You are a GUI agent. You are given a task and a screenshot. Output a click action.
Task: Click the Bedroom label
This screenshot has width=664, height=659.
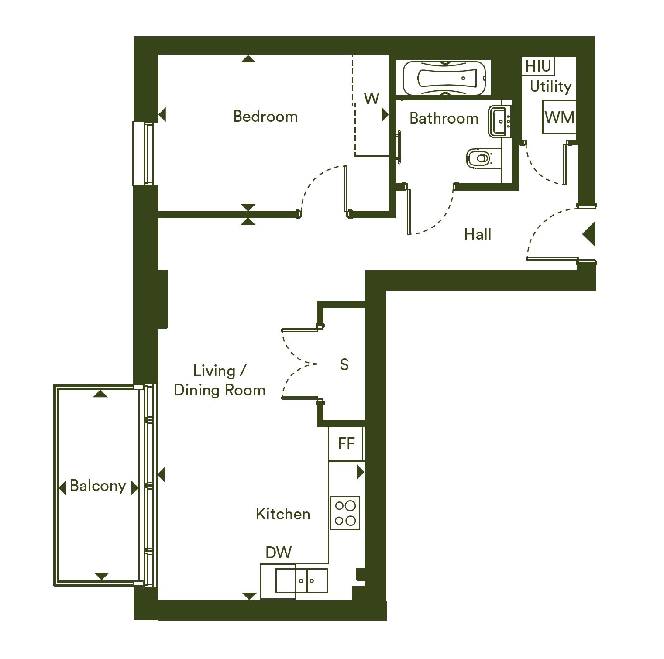tap(265, 117)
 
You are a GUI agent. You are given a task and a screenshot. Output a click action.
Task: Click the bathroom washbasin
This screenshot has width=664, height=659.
tap(500, 121)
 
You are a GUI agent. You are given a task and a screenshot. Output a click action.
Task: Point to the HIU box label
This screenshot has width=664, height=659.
tap(538, 66)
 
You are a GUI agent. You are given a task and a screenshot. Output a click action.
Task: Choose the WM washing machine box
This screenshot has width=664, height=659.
tap(559, 117)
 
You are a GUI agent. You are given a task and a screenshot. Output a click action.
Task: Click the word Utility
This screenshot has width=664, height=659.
tap(550, 86)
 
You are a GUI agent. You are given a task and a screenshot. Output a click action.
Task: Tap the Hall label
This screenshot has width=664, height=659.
tap(478, 234)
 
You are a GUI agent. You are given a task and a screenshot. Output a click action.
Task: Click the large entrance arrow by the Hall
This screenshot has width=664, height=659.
tap(589, 234)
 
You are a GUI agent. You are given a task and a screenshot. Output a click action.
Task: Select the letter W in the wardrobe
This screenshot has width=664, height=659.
tap(372, 99)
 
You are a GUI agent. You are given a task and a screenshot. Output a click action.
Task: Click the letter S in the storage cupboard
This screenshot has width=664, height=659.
tap(344, 364)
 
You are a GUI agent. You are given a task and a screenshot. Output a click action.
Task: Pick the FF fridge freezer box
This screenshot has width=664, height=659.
tap(346, 443)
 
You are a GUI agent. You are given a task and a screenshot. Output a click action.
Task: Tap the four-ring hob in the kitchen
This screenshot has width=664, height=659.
tap(345, 513)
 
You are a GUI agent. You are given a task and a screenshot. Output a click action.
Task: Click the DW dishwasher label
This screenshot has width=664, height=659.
tap(279, 553)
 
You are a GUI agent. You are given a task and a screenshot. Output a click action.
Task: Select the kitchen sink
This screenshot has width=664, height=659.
tap(301, 581)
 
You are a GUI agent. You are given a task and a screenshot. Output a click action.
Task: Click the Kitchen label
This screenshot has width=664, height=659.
tap(283, 514)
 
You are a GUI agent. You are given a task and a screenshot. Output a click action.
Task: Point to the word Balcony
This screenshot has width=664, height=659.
tap(98, 486)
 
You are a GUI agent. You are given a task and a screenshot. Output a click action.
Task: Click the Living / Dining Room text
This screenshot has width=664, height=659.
tap(220, 381)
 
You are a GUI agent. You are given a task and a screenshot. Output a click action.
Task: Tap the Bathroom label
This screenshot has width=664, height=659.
tap(444, 118)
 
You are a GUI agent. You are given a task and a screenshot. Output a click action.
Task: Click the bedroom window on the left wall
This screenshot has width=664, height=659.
tap(144, 153)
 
